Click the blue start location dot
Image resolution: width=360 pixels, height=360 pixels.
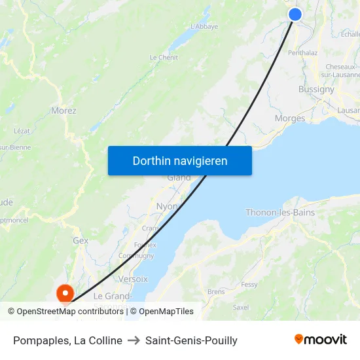[x=295, y=14]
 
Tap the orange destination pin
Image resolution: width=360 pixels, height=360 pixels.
[x=65, y=292]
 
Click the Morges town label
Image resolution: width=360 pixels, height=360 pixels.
[x=290, y=118]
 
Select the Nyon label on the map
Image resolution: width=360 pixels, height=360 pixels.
[x=168, y=206]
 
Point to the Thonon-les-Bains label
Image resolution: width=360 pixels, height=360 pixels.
[x=280, y=213]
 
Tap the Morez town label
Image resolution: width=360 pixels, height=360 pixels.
[x=63, y=111]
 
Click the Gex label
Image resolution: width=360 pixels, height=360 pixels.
[x=81, y=241]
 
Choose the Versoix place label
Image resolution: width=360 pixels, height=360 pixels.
[x=134, y=278]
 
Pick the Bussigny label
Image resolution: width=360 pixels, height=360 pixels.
[x=316, y=90]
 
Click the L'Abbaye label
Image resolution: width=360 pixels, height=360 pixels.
[x=204, y=27]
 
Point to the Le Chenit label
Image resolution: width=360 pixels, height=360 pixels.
[x=164, y=58]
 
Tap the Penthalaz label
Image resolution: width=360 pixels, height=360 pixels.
[x=303, y=53]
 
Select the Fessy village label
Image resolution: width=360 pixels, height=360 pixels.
[x=249, y=285]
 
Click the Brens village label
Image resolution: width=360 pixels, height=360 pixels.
[x=215, y=291]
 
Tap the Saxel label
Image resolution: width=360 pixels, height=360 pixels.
[x=241, y=307]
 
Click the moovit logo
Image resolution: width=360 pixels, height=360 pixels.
[x=321, y=339]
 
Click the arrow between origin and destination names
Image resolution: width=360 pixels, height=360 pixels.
[x=134, y=340]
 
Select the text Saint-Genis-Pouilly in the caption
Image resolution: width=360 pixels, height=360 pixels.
[x=191, y=340]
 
